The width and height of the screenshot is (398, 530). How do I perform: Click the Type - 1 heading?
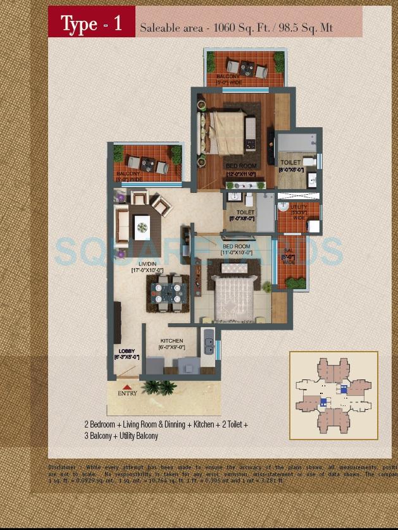[91, 24]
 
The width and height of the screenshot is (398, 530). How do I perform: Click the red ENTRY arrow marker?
[127, 386]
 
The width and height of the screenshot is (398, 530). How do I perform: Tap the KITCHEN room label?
[171, 341]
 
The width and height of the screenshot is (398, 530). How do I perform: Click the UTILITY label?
[299, 207]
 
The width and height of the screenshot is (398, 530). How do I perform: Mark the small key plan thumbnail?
[333, 395]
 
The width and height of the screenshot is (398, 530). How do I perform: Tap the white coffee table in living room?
[142, 224]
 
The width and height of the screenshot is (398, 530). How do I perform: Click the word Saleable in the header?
[158, 28]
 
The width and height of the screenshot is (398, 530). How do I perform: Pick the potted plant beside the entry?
[158, 386]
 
